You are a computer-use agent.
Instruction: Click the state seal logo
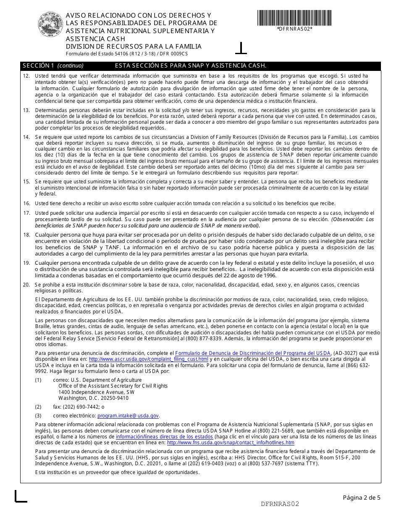[51, 25]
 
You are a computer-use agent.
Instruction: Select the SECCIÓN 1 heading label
[38, 66]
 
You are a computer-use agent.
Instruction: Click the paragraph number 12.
[26, 76]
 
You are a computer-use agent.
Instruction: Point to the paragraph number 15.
[26, 182]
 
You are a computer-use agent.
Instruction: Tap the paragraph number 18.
[26, 235]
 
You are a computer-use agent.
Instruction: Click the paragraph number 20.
[26, 285]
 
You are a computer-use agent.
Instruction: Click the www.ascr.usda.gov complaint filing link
[148, 360]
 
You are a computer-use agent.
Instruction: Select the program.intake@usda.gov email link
[128, 416]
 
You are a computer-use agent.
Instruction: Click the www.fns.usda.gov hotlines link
[231, 443]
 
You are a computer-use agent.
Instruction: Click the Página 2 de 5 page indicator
[362, 498]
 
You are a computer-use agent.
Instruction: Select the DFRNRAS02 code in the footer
[280, 504]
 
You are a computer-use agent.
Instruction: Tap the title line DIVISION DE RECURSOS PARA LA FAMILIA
[134, 47]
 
